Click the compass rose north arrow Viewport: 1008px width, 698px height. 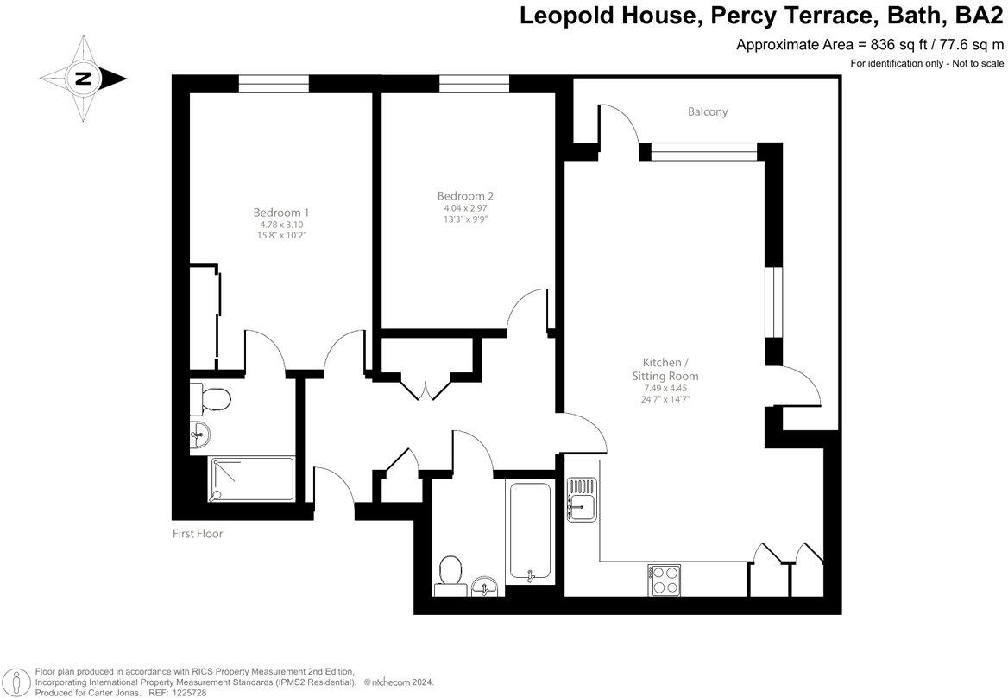point(83,79)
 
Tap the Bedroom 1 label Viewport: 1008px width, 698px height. point(280,213)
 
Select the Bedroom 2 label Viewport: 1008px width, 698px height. point(465,196)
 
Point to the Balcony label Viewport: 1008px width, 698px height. point(708,111)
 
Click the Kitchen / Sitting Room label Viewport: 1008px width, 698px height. point(664,369)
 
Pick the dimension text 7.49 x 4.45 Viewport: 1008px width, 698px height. point(664,388)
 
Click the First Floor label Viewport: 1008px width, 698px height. point(197,534)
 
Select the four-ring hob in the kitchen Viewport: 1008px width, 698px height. point(664,579)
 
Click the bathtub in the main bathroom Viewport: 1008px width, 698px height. point(530,532)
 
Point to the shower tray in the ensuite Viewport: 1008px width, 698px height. point(253,479)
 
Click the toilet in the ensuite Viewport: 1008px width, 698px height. point(211,399)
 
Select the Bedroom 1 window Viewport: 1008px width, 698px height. point(274,84)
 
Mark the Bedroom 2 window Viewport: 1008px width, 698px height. point(474,84)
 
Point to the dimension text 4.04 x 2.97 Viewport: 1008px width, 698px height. point(465,208)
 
